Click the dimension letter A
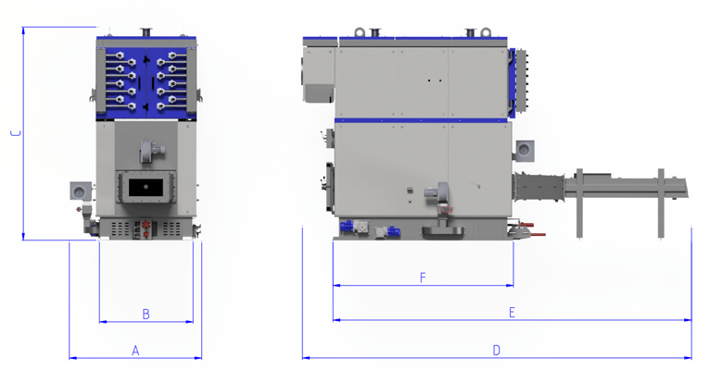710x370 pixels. pos(135,351)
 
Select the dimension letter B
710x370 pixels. pos(146,314)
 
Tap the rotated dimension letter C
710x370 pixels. pos(17,133)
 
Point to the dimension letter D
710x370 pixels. pos(496,351)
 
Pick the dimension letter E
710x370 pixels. pos(512,312)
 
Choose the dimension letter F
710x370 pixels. pos(423,277)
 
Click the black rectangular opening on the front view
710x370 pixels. pos(146,187)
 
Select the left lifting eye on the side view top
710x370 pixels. pos(360,32)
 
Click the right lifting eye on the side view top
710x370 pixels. pos(486,32)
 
